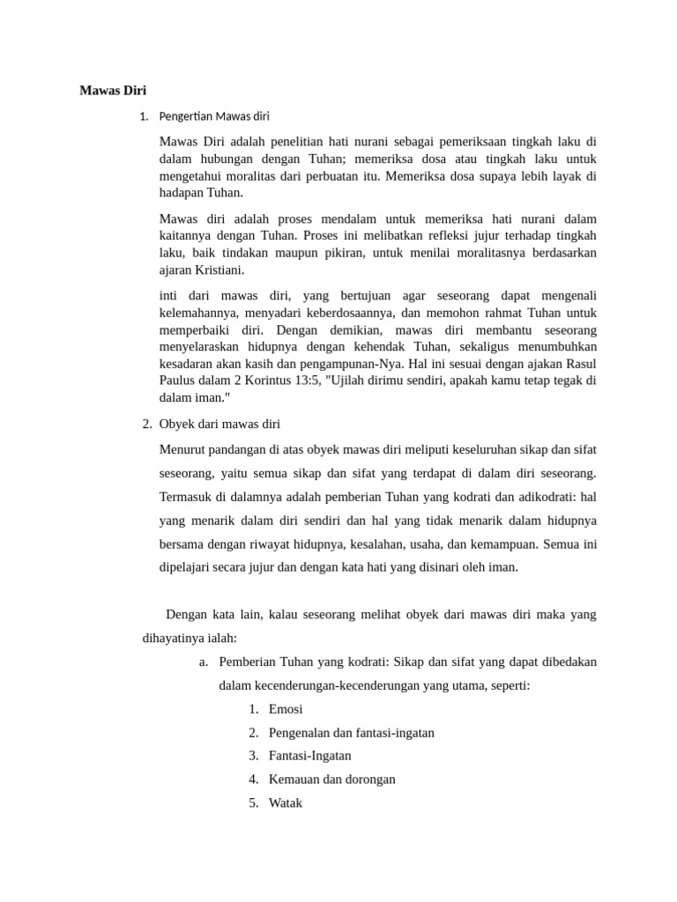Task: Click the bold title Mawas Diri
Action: point(113,90)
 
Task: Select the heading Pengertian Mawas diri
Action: point(214,116)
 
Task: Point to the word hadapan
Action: point(184,193)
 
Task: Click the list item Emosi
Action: point(286,709)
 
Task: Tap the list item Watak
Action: point(286,803)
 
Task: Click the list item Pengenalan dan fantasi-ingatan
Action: point(352,733)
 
